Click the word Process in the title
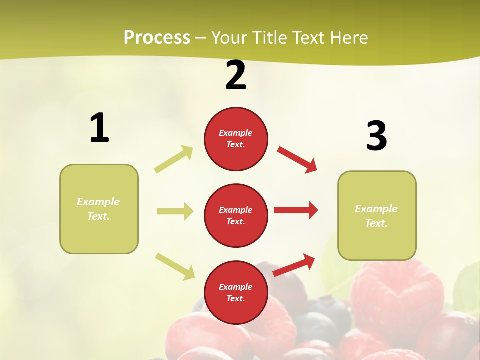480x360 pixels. (x=157, y=37)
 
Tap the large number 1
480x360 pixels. (x=99, y=128)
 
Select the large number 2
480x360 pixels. (x=236, y=76)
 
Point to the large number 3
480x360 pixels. (x=376, y=136)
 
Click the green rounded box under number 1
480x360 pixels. (x=99, y=235)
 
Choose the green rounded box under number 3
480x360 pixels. (x=377, y=242)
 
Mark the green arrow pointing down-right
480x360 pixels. (x=175, y=266)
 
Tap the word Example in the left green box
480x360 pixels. (x=98, y=202)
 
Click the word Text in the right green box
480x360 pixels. (x=376, y=223)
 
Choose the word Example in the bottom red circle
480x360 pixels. (x=235, y=287)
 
